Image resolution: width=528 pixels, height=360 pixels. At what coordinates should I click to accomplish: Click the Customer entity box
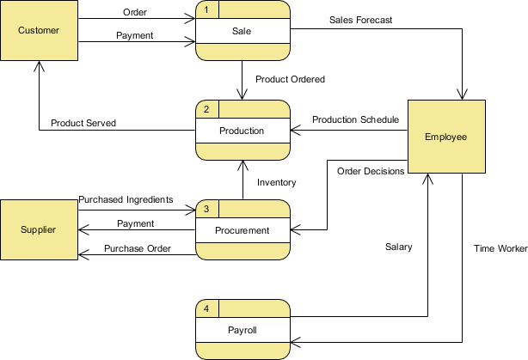coord(39,30)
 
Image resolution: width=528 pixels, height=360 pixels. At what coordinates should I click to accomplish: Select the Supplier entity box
coord(39,229)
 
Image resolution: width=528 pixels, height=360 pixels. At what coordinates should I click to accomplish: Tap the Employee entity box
coord(445,137)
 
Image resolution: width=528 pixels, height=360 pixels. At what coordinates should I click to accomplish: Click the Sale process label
coord(243,31)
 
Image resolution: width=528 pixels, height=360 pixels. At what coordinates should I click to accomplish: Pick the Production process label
coord(243,131)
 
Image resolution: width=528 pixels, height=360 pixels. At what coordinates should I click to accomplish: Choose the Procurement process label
coord(243,230)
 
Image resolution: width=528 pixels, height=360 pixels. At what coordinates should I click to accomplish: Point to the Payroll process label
coord(243,330)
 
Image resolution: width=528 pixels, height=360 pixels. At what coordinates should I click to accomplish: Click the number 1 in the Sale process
coord(206,9)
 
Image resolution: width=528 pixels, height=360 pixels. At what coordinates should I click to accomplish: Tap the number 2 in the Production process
coord(206,109)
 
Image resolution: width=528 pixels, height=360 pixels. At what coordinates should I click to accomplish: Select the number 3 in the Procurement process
coord(206,209)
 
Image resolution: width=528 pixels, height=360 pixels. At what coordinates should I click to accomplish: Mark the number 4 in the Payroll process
coord(206,308)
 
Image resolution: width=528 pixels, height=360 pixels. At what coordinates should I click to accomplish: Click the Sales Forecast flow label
coord(361,20)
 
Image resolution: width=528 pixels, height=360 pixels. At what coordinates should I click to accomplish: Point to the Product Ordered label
coord(291,79)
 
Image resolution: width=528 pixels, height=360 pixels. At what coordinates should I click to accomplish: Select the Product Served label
coord(83,123)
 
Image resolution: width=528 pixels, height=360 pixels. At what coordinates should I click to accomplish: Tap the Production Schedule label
coord(355,119)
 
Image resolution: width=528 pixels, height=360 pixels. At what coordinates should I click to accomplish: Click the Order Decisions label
coord(371,171)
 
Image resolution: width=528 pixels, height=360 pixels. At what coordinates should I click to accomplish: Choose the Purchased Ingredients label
coord(126,199)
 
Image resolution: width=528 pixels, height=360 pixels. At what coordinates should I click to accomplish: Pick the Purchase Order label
coord(138,249)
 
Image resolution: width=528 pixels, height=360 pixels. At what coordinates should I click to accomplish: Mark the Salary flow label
coord(398,247)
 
